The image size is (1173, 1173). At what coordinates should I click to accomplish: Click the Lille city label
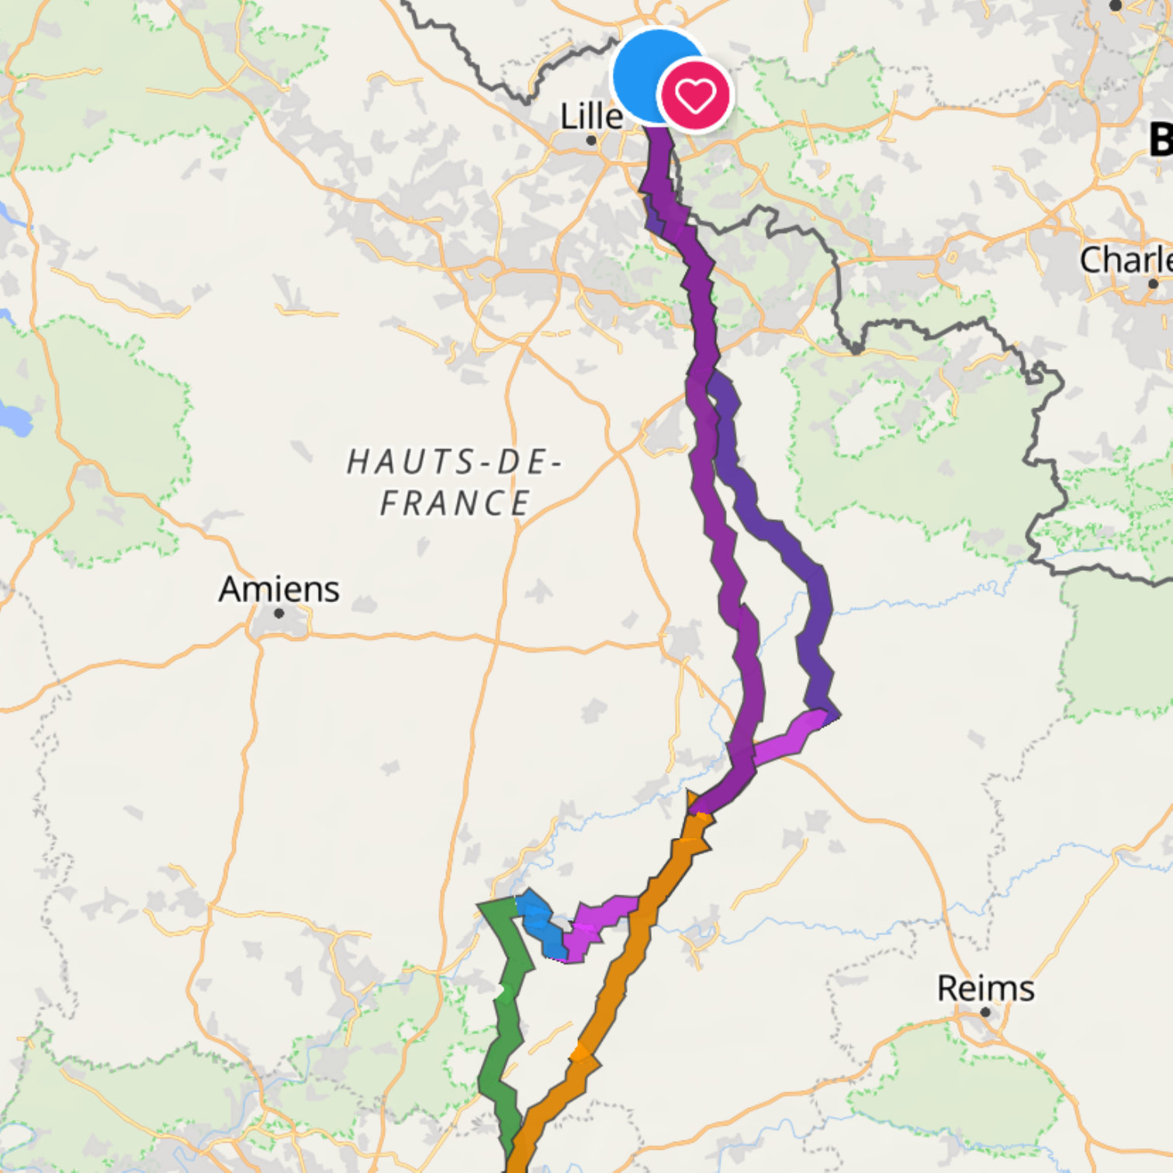pyautogui.click(x=591, y=116)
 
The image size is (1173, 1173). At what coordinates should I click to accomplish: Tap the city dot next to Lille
pyautogui.click(x=591, y=140)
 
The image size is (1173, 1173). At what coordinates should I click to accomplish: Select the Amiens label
pyautogui.click(x=279, y=589)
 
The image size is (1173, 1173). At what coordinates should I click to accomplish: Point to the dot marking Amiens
pyautogui.click(x=279, y=613)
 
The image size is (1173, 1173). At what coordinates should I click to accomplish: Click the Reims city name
pyautogui.click(x=985, y=988)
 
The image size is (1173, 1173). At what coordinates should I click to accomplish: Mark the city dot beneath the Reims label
pyautogui.click(x=985, y=1012)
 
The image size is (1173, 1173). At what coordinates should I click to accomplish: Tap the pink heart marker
pyautogui.click(x=694, y=95)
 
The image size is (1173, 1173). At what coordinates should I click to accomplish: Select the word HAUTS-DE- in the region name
pyautogui.click(x=454, y=462)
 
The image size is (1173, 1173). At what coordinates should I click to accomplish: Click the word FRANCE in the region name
pyautogui.click(x=455, y=503)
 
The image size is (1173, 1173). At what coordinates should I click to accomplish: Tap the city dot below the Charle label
pyautogui.click(x=1153, y=284)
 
